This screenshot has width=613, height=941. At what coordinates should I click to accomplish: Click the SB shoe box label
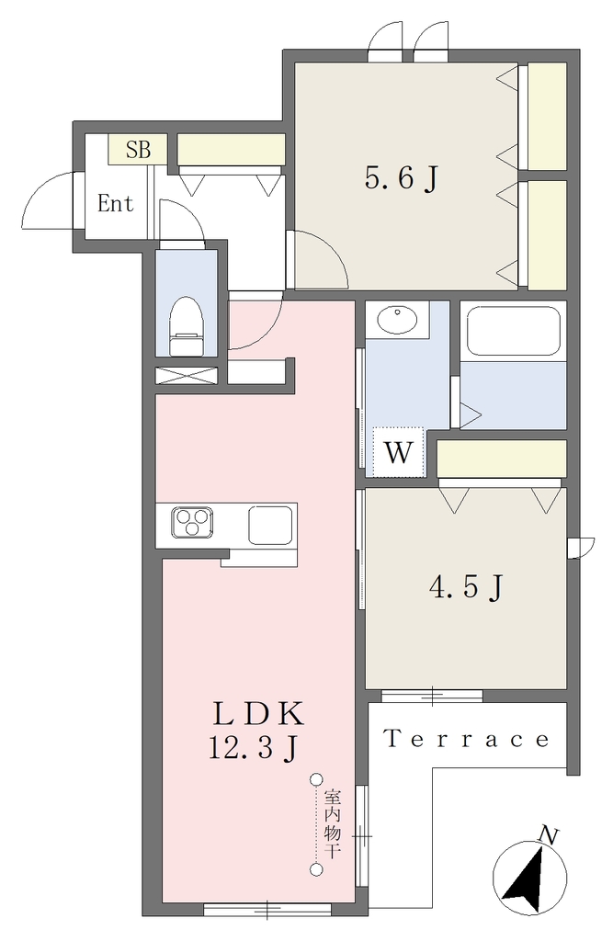tap(138, 149)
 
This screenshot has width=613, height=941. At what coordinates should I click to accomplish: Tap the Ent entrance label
tap(115, 204)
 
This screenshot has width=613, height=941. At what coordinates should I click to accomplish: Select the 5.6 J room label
tap(401, 178)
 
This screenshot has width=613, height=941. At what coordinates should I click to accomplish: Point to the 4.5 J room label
tap(465, 586)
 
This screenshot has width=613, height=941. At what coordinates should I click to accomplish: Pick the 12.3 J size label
tap(252, 748)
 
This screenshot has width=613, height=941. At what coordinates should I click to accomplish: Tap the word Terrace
tap(467, 739)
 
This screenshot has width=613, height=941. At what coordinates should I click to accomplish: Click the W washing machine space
tap(399, 452)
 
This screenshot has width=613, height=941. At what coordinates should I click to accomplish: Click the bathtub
tap(514, 333)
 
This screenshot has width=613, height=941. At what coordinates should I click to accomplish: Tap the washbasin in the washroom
tap(397, 319)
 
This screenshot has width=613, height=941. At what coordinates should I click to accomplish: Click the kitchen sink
tap(271, 525)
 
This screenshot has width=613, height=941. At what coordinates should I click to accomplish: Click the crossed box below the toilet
tap(186, 375)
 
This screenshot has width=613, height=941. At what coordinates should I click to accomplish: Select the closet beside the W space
tap(501, 459)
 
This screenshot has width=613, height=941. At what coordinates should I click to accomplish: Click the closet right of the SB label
tap(232, 150)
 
